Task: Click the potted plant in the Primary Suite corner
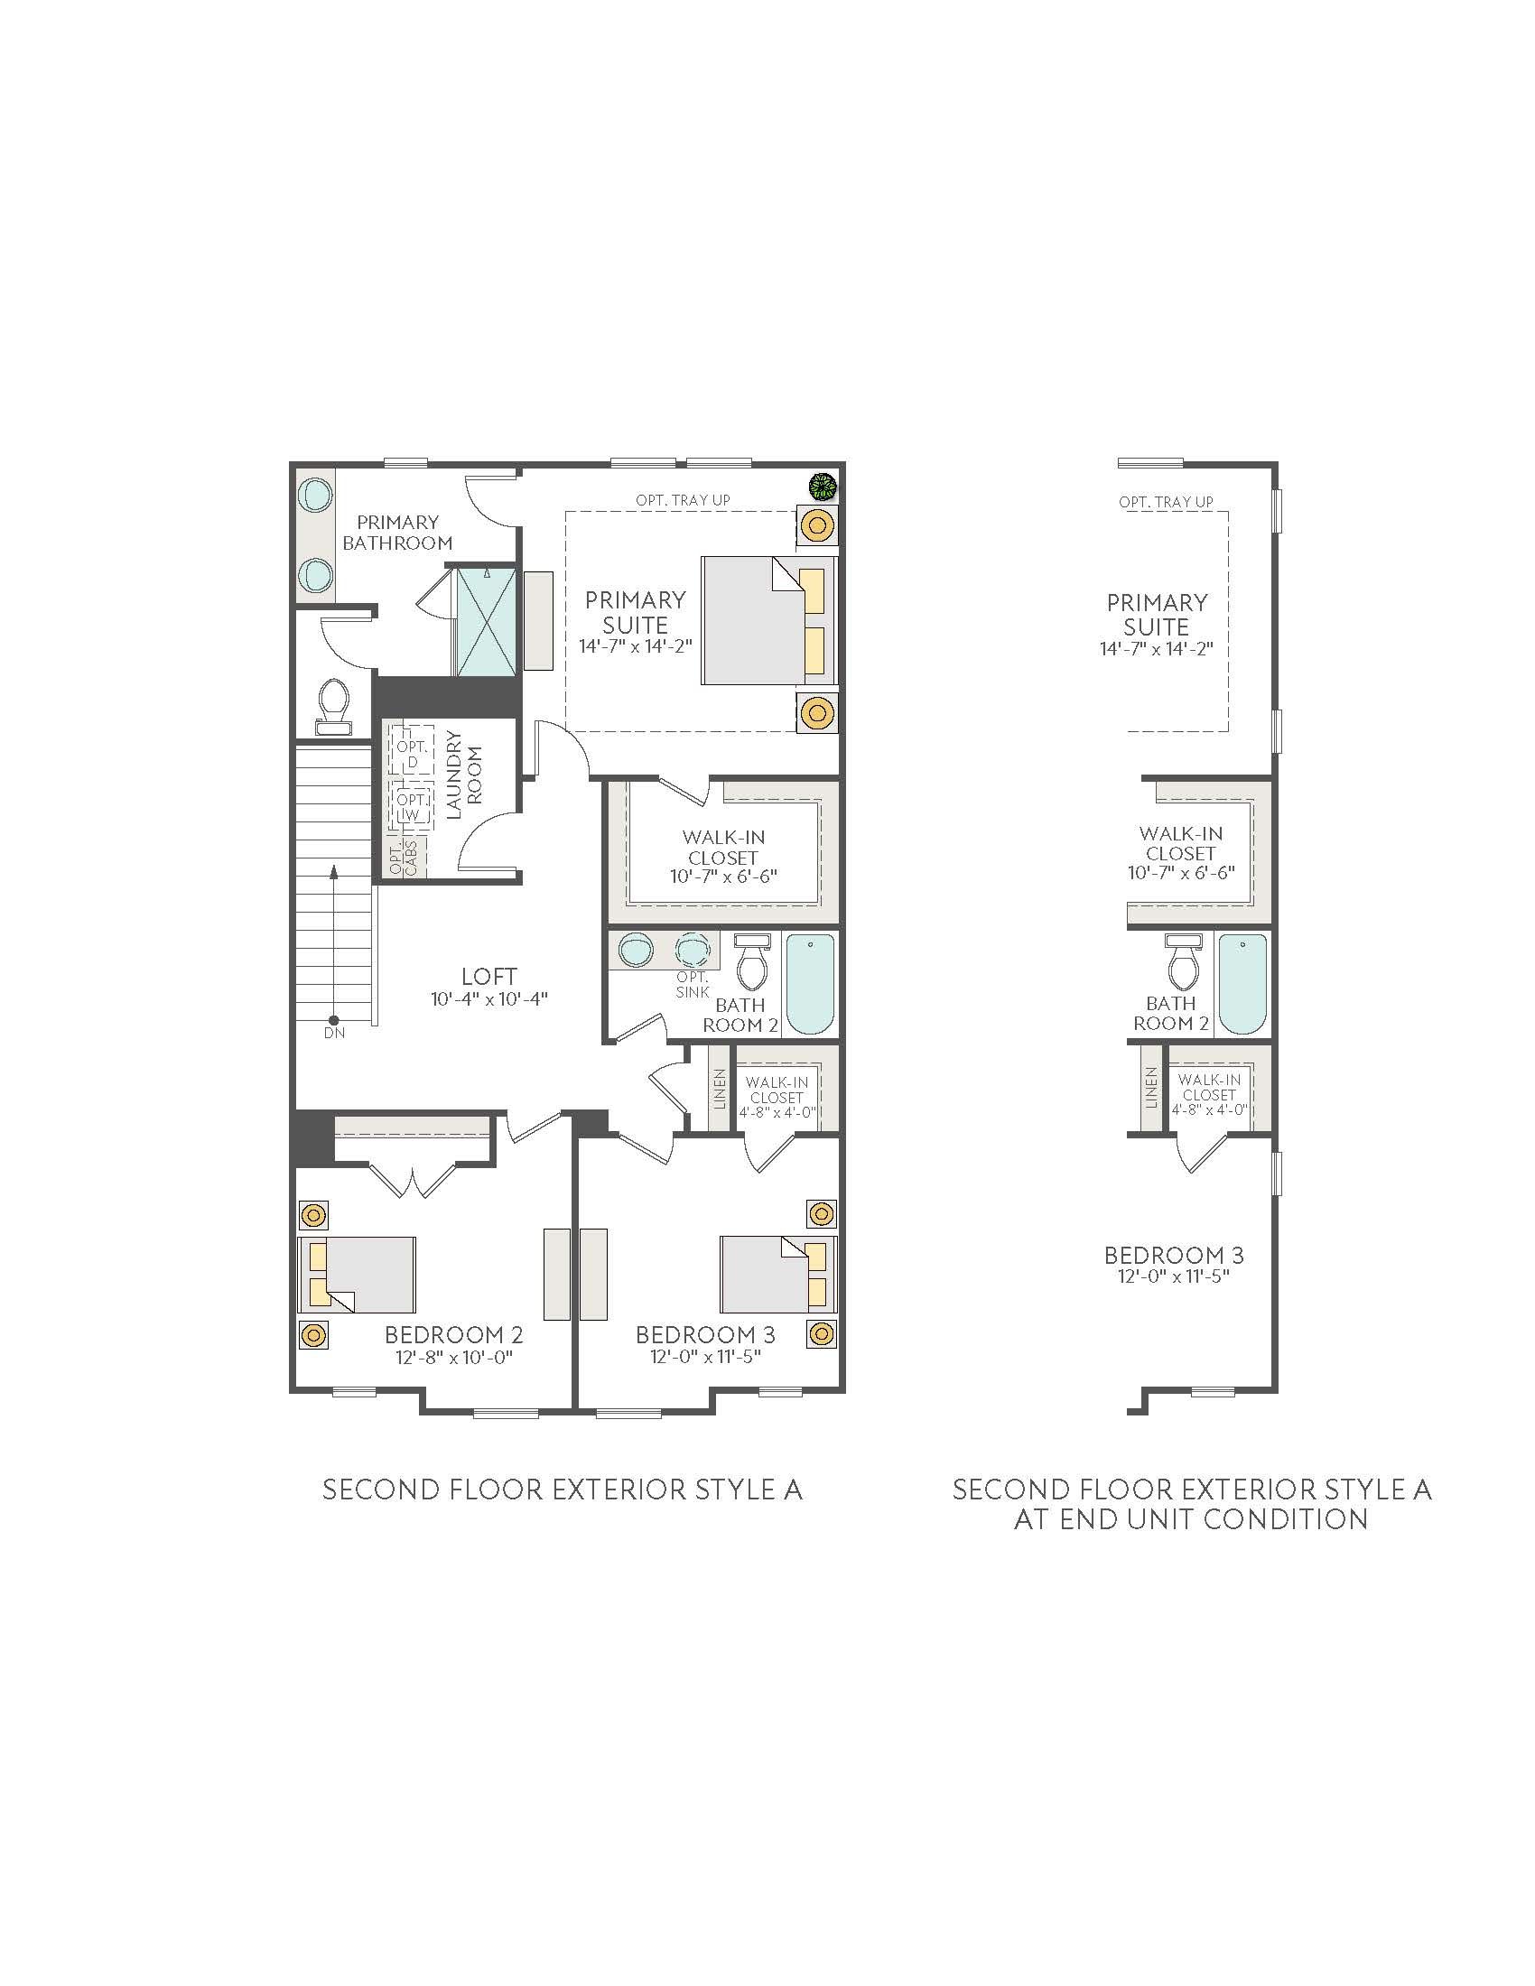[823, 487]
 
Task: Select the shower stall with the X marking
[487, 622]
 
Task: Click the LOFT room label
[489, 977]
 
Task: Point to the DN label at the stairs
[334, 1033]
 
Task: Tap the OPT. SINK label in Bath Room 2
[693, 985]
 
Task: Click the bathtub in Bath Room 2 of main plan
[809, 984]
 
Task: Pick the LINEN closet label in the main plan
[720, 1089]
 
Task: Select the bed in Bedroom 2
[358, 1274]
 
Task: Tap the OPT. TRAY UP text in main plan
[682, 500]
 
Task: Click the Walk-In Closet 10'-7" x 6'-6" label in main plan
[724, 857]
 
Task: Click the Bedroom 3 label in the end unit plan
[1173, 1256]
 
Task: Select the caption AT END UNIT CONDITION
[1190, 1519]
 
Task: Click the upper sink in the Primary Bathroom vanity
[315, 495]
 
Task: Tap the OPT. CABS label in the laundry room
[403, 857]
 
